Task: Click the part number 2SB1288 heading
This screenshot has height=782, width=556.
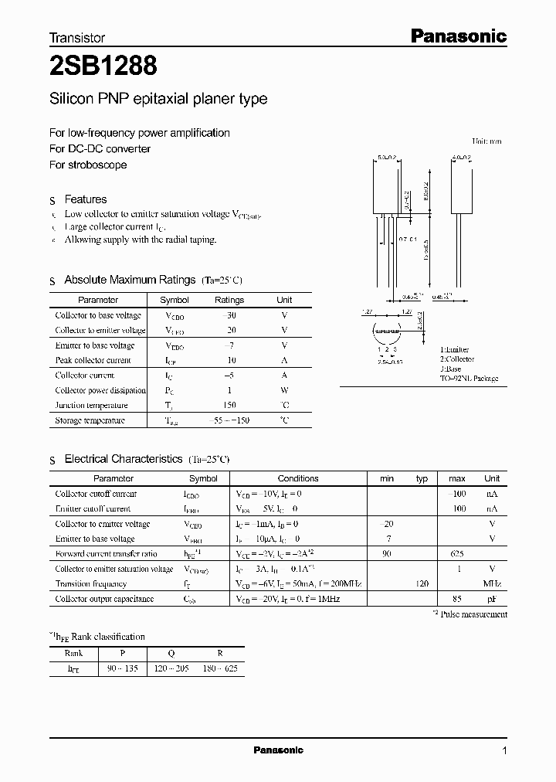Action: coord(103,67)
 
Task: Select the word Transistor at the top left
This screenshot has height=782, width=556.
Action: coord(77,37)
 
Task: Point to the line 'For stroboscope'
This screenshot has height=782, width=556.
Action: coord(87,165)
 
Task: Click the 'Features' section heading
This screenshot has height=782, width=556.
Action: coord(85,199)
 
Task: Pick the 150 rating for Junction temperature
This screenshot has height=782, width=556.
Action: coord(229,406)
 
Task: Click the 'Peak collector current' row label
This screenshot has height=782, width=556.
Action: coord(93,361)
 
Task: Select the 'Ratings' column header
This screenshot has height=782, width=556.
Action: coord(229,300)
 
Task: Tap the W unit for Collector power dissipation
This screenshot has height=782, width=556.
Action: coord(284,391)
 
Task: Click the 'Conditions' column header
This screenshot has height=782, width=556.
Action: coord(298,478)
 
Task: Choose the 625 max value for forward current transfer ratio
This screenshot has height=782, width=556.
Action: coord(456,554)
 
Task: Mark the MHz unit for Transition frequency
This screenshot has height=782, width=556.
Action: coord(492,584)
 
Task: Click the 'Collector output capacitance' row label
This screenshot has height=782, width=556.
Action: coord(104,599)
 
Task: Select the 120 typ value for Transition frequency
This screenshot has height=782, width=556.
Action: coord(422,584)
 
